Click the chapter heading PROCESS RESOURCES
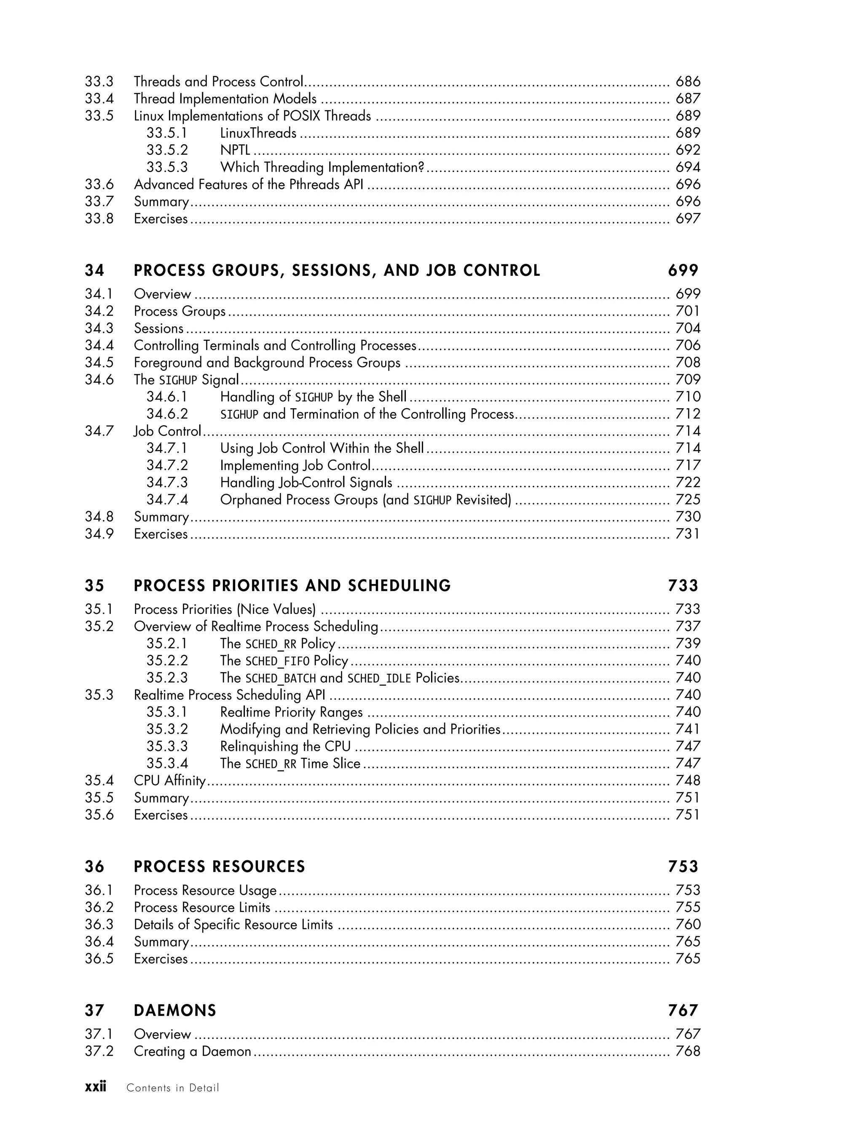219,867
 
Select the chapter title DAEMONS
175,1010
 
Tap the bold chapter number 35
94,586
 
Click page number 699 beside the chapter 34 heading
683,271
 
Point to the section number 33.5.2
167,150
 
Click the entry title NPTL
235,150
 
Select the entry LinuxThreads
258,133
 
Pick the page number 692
688,150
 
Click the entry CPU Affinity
170,780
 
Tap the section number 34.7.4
167,500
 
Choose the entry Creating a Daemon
192,1051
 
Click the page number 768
688,1051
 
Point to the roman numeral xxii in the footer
95,1087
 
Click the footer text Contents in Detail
173,1088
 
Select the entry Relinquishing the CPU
285,746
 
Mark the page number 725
688,500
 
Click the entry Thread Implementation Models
225,99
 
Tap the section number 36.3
99,924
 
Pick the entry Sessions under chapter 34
159,328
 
